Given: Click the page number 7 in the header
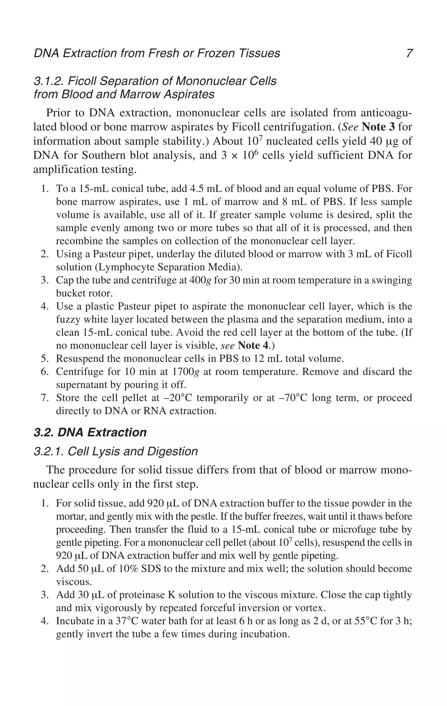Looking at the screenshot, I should pos(409,53).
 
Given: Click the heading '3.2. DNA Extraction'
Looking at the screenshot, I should pos(90,432).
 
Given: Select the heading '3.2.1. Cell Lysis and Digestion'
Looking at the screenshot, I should pos(115,451).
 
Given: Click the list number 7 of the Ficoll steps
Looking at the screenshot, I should pos(44,398).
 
